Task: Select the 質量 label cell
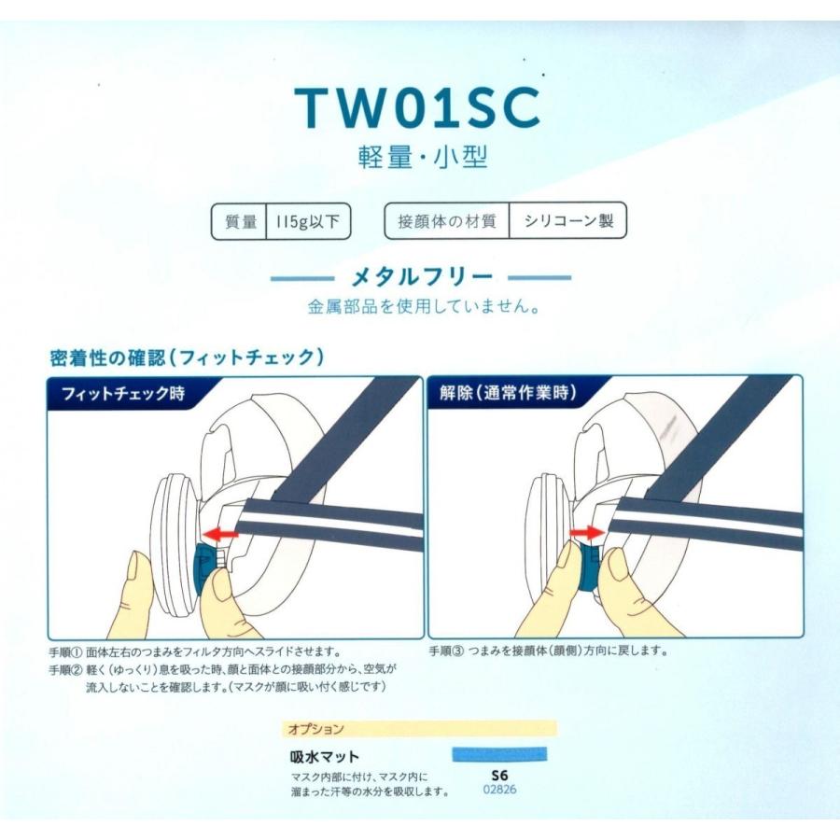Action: click(240, 222)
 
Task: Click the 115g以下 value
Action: click(308, 222)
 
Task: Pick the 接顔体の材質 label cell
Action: click(447, 222)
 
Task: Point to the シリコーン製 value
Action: click(567, 222)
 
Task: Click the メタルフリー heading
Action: click(420, 277)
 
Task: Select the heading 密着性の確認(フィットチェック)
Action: click(187, 357)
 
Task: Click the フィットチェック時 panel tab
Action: click(123, 393)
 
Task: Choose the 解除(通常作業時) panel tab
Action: click(506, 393)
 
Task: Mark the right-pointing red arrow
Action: click(585, 531)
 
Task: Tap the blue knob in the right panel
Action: click(591, 570)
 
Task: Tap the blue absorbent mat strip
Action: click(498, 754)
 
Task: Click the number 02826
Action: click(499, 790)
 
